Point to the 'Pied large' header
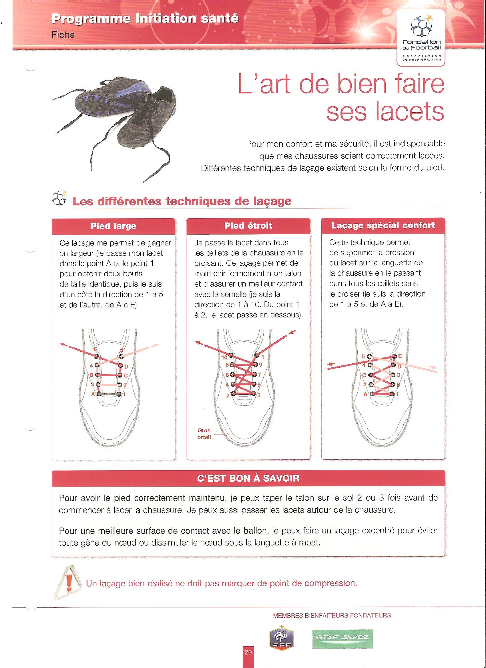(x=113, y=226)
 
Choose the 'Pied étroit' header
(x=248, y=226)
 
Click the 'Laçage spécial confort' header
(x=383, y=226)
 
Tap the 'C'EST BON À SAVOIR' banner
(x=248, y=478)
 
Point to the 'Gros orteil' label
(x=204, y=434)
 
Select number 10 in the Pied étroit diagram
(x=224, y=357)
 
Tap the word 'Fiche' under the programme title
(x=63, y=35)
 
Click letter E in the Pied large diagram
(x=95, y=349)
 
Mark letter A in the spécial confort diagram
(x=365, y=395)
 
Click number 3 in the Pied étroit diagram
(x=259, y=395)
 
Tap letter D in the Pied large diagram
(x=126, y=367)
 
